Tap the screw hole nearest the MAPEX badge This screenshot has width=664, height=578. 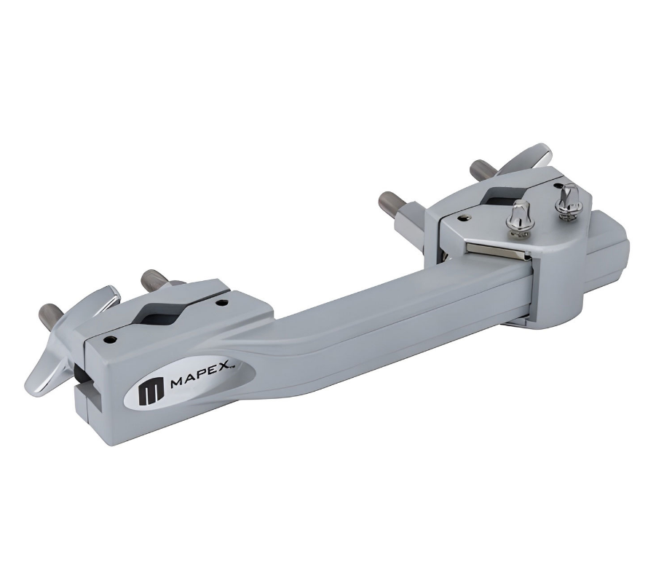point(111,339)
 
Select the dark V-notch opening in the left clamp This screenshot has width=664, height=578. point(162,313)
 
